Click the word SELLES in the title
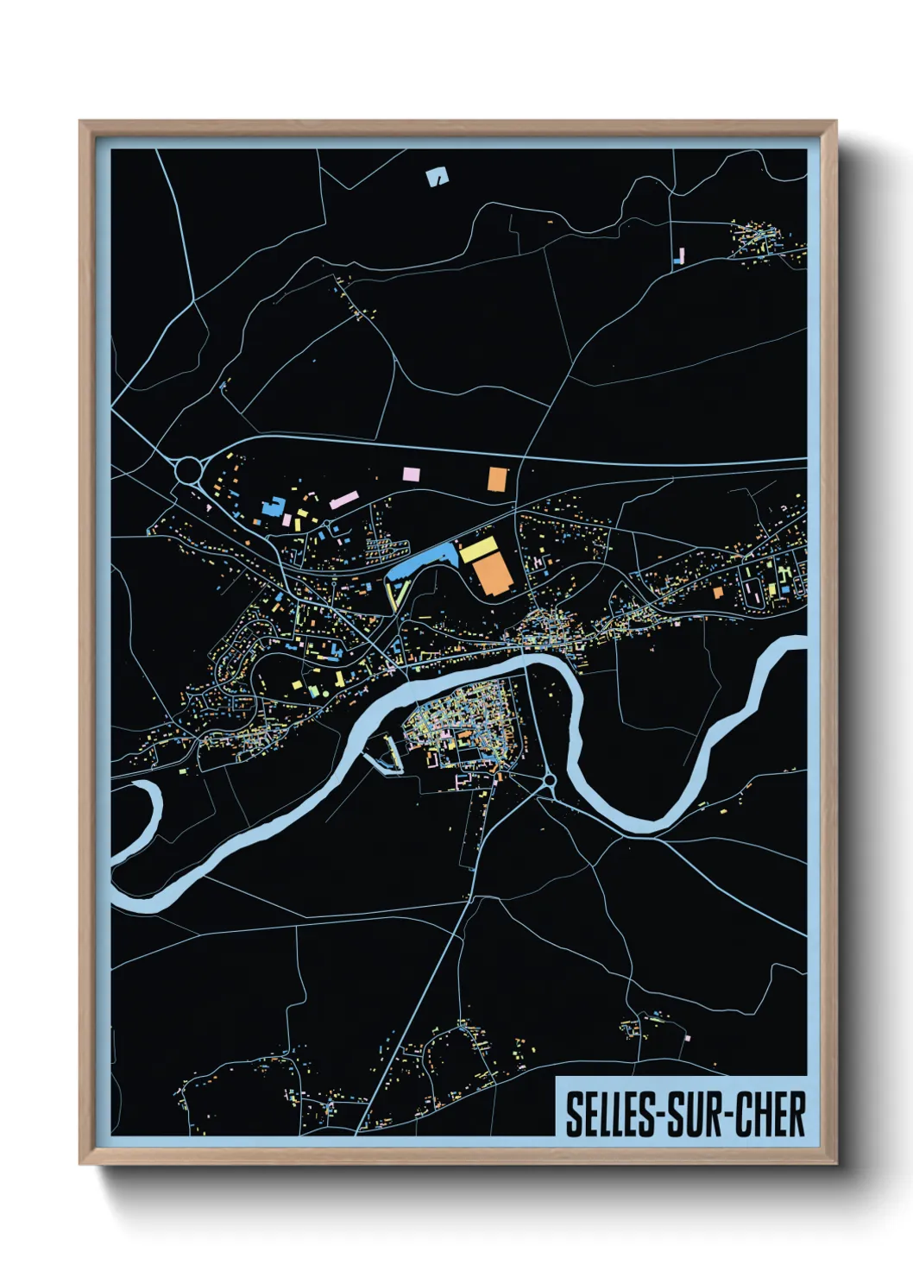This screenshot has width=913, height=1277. (x=611, y=1114)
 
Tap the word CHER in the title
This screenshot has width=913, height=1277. (x=770, y=1114)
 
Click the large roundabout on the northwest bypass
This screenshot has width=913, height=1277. (x=188, y=471)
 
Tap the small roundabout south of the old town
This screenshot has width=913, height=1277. (x=550, y=781)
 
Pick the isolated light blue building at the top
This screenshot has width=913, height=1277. (x=438, y=177)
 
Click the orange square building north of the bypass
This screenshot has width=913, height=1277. (x=497, y=479)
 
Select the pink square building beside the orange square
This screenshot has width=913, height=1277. (x=411, y=474)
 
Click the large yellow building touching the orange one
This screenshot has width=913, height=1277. (x=478, y=549)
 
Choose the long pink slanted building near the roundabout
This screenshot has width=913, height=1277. (x=343, y=500)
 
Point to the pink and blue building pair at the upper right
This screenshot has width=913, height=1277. (x=679, y=255)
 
